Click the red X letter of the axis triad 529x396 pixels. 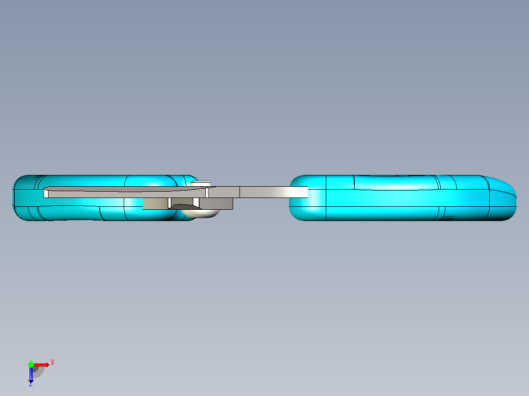click(53, 363)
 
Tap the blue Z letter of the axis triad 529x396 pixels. click(31, 384)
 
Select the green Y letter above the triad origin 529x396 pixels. click(31, 361)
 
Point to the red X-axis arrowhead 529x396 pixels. click(47, 365)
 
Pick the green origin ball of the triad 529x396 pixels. click(31, 365)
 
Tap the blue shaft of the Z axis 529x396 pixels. click(31, 372)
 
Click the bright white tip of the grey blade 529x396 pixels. click(298, 192)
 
